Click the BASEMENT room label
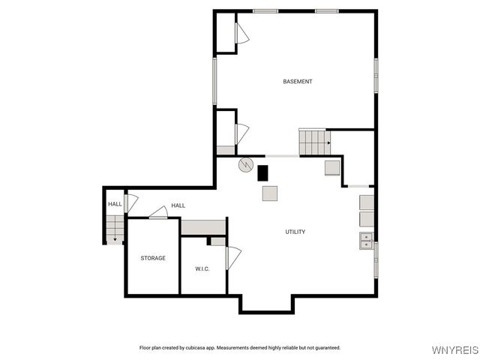tap(298, 82)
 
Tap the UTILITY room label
tap(295, 232)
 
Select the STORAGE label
tap(153, 258)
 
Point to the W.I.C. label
tap(202, 268)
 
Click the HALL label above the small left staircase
tap(115, 204)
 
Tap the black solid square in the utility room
tap(262, 172)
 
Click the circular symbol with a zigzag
tap(245, 164)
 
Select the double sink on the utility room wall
tap(366, 240)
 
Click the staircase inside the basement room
tap(314, 142)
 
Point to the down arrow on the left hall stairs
tap(115, 239)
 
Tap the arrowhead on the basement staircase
tap(328, 142)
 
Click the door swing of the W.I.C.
tap(233, 257)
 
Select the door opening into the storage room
tap(158, 213)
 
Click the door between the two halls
tap(132, 202)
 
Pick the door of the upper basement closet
tap(241, 34)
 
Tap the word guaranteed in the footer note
tap(326, 348)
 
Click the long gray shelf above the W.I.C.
tap(203, 226)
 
